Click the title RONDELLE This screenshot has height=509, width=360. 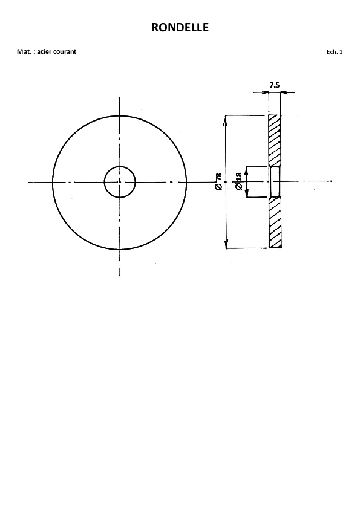click(180, 27)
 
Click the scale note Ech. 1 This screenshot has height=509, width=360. click(335, 51)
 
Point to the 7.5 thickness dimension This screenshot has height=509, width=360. click(274, 85)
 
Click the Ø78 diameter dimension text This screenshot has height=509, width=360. click(218, 182)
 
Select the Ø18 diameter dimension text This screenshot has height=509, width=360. click(238, 181)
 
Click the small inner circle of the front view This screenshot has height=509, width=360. click(120, 166)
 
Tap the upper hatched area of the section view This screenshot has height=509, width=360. click(275, 141)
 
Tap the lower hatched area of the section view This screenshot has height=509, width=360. click(275, 223)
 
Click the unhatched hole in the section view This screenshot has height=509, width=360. click(275, 182)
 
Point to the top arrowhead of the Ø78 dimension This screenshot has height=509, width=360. click(225, 120)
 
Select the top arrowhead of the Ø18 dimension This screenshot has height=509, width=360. click(247, 171)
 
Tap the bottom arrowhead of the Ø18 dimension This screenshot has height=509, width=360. click(247, 193)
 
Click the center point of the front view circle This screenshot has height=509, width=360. click(120, 182)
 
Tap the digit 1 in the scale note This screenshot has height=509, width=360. click(341, 51)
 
